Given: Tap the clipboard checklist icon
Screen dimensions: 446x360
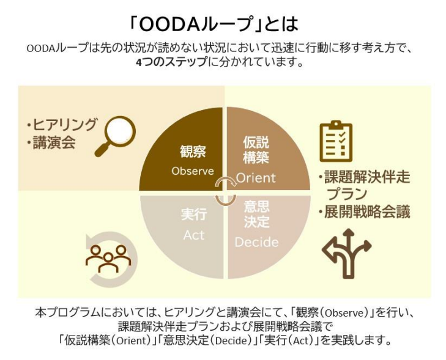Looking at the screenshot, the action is [336, 141].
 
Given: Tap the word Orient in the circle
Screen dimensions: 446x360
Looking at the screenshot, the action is [256, 178].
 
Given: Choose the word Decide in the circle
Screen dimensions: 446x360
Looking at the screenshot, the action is [256, 242].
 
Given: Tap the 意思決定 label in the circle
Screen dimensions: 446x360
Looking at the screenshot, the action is [256, 213].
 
